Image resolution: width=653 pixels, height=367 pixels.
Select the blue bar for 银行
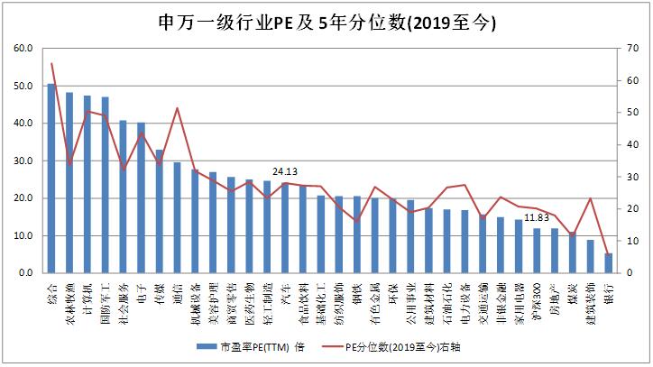click(x=608, y=262)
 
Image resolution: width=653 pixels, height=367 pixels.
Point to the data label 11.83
click(x=537, y=217)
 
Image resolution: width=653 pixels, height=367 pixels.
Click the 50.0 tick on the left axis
click(x=23, y=86)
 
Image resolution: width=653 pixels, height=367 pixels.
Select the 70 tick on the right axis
click(x=635, y=49)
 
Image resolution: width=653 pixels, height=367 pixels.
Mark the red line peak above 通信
click(x=177, y=108)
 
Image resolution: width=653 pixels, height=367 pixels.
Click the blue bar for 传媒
click(x=160, y=211)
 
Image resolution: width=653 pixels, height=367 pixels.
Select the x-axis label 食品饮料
click(x=302, y=301)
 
